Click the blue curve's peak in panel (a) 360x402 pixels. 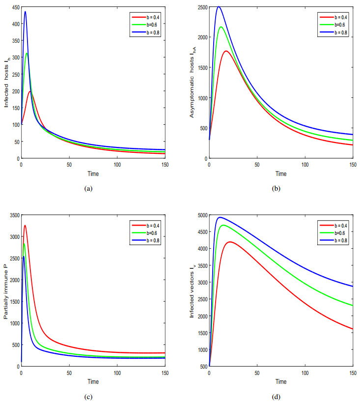[x=25, y=12]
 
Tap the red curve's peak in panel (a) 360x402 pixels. [x=30, y=91]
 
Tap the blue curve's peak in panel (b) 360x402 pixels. [x=219, y=7]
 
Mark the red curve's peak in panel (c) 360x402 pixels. [x=25, y=226]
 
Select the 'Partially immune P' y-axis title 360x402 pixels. [x=6, y=291]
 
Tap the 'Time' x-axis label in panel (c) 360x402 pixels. [x=93, y=381]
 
